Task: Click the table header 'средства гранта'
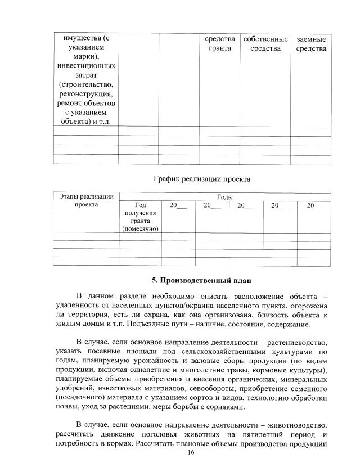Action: click(x=220, y=44)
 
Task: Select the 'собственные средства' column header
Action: click(x=265, y=44)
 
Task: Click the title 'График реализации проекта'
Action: click(x=202, y=179)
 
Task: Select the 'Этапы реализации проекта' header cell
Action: click(x=86, y=201)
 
